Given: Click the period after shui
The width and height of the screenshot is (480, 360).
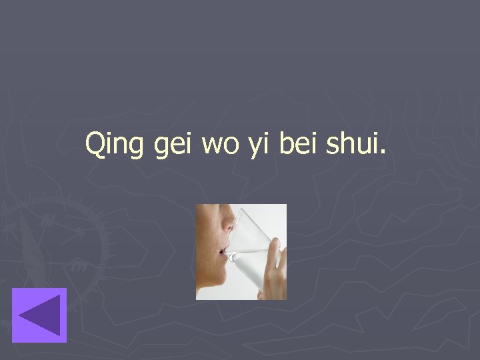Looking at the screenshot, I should tap(382, 153).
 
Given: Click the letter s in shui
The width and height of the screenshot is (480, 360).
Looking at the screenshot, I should tap(331, 147).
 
